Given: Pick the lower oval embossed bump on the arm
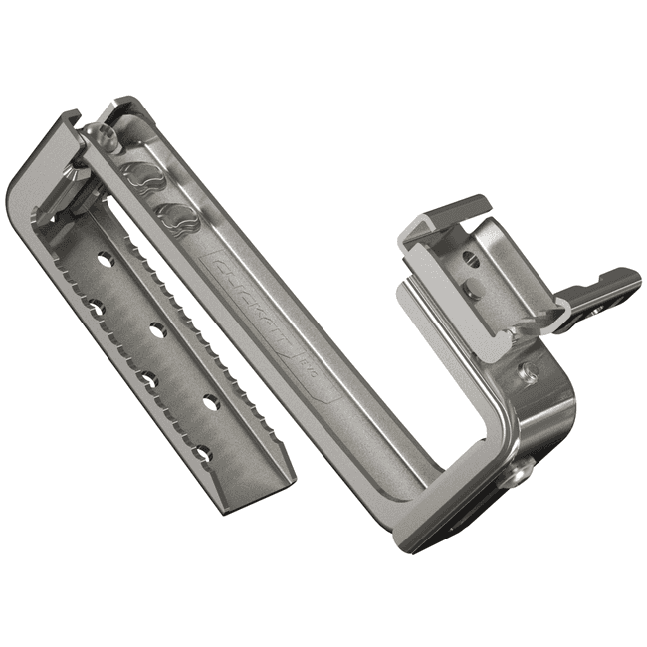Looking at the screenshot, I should pos(171,212).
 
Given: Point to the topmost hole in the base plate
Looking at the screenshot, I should pos(106,261).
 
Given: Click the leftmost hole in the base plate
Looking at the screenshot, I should pos(97,307).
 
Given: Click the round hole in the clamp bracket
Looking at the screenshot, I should pos(472,261).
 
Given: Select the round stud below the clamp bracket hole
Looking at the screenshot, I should pos(475,292).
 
